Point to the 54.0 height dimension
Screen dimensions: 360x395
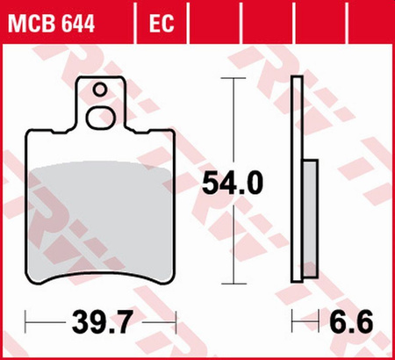click(x=233, y=183)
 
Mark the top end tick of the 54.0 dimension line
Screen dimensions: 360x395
click(x=233, y=78)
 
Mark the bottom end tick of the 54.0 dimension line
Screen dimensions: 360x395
click(x=233, y=283)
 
